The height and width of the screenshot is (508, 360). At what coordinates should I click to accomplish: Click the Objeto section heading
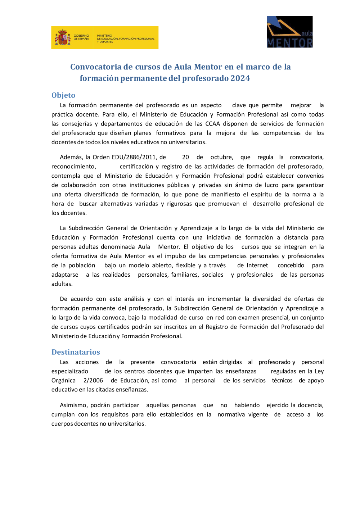point(63,95)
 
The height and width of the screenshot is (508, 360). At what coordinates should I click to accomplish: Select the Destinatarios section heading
point(76,352)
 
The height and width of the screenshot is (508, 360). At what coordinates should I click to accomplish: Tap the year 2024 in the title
point(240,78)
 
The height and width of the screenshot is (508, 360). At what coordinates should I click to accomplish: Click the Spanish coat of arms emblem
point(63,37)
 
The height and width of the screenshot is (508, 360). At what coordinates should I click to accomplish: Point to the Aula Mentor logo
point(289,32)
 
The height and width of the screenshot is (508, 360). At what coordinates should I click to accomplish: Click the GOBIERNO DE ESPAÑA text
point(81,37)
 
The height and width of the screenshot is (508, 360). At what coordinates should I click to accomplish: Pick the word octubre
point(221,157)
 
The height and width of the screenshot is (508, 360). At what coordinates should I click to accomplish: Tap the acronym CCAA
point(212,124)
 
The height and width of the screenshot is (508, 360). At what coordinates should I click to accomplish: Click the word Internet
point(257,266)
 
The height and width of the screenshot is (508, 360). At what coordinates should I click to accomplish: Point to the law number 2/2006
point(93,381)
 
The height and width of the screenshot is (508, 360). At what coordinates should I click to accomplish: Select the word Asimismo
point(73,405)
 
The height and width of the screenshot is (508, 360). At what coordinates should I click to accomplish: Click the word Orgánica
point(63,381)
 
